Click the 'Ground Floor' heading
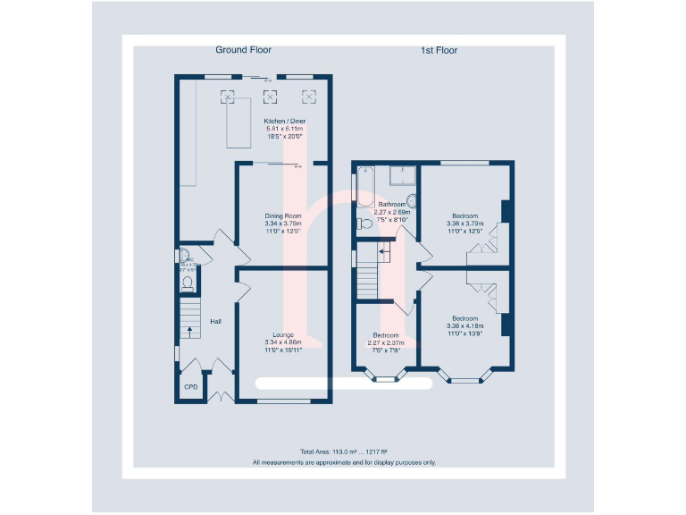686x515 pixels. (243, 50)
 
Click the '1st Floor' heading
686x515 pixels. (439, 51)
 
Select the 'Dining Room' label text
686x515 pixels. (283, 215)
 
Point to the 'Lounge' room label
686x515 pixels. (284, 334)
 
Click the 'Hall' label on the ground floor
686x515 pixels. (215, 321)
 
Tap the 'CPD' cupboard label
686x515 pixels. (189, 387)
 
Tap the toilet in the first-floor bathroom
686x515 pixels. (364, 224)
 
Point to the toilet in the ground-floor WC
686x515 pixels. (187, 284)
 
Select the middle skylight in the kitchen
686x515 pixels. (269, 97)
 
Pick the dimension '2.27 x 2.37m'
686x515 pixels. (389, 342)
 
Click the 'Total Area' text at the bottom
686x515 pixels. (344, 452)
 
